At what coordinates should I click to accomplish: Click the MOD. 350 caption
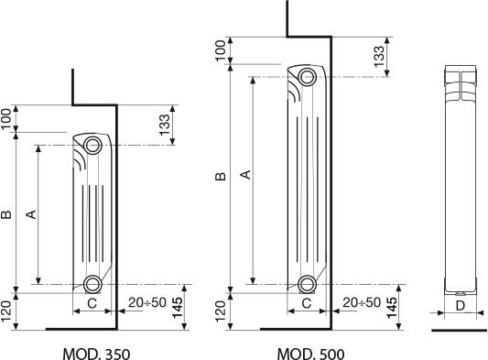tap(96, 355)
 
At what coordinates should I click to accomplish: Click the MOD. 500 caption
tap(311, 355)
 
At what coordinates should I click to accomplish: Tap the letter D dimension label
tap(460, 306)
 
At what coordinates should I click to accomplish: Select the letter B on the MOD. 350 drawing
tap(6, 214)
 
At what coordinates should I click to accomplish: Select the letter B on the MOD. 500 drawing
tap(221, 177)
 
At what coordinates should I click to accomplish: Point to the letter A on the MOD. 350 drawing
tap(31, 214)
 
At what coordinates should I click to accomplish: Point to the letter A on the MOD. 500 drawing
tap(245, 174)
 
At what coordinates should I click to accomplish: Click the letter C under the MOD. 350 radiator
tap(92, 303)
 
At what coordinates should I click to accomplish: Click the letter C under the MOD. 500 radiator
tap(307, 303)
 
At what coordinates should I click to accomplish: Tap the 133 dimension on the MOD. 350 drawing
tap(165, 125)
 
